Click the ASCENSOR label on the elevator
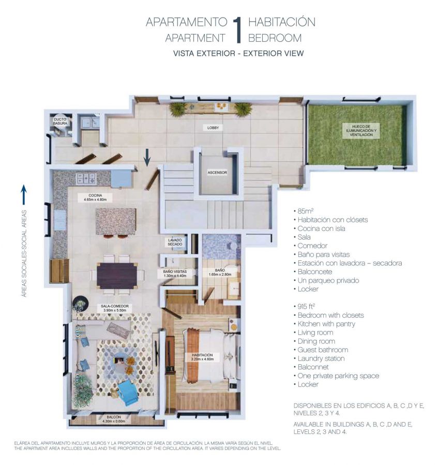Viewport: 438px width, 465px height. (217, 172)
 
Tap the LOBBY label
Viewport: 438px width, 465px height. (213, 128)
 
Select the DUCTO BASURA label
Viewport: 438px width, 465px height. (60, 121)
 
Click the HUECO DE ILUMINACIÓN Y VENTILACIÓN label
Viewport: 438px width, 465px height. (361, 131)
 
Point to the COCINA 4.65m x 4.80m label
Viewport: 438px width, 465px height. (95, 197)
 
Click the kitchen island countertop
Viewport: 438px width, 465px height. (116, 221)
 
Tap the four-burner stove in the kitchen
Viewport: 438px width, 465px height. (86, 179)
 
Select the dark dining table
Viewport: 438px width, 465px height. (117, 275)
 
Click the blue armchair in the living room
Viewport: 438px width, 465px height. (128, 392)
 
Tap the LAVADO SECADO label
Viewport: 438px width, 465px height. (175, 242)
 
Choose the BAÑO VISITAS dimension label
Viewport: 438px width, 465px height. (175, 273)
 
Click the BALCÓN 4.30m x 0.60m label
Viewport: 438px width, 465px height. (114, 419)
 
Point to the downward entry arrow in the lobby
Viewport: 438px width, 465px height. (147, 158)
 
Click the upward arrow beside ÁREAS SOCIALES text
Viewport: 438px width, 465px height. (24, 195)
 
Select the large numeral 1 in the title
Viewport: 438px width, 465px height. (237, 30)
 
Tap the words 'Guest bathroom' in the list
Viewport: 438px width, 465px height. (323, 350)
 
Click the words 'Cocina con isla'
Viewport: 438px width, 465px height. (321, 228)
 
